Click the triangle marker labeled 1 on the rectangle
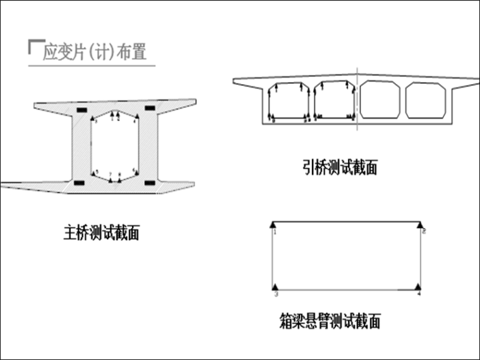[x=273, y=224]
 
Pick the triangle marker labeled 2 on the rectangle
[x=421, y=224]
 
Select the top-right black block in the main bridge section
[x=150, y=109]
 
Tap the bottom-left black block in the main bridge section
[x=79, y=183]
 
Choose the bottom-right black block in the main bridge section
[x=150, y=183]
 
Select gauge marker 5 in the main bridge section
[x=94, y=172]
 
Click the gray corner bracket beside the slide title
[x=33, y=46]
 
